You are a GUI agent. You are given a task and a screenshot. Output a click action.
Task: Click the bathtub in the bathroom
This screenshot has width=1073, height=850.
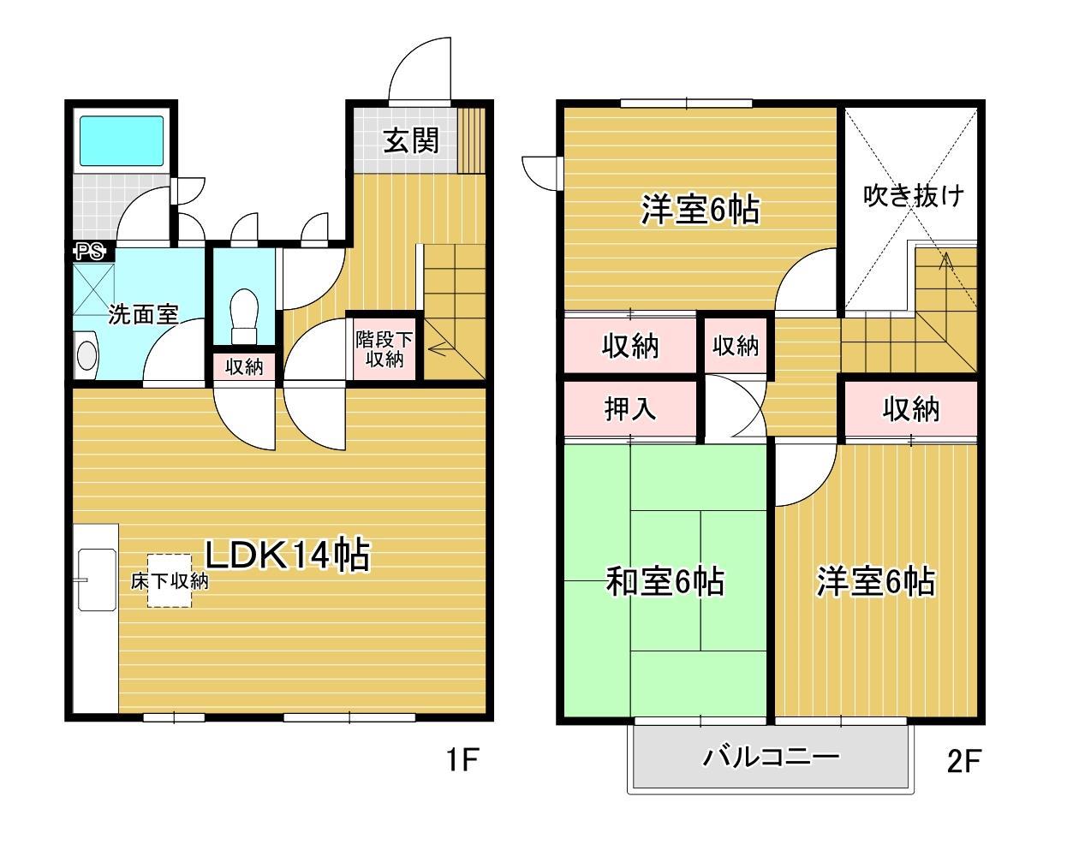(x=122, y=141)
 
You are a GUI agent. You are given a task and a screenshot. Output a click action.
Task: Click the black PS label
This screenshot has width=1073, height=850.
(x=89, y=252)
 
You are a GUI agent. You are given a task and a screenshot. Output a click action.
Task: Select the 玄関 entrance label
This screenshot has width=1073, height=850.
(x=411, y=140)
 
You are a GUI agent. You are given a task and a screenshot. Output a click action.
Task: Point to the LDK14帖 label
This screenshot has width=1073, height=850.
(x=286, y=556)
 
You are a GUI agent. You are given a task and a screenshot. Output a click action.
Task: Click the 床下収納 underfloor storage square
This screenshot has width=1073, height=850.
(x=169, y=580)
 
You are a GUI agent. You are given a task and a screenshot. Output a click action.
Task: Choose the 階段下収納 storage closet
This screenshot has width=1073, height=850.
(x=384, y=348)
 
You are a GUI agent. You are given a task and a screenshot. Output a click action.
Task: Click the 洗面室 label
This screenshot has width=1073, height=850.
(x=143, y=314)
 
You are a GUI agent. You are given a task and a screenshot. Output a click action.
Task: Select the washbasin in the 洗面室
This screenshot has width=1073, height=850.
(x=86, y=355)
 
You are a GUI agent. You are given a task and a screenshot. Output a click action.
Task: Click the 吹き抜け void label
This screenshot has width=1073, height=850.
(x=912, y=195)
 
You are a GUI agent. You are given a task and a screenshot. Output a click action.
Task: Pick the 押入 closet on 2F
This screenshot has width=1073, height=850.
(x=630, y=409)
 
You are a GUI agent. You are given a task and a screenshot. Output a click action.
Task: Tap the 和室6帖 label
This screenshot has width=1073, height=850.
(x=665, y=582)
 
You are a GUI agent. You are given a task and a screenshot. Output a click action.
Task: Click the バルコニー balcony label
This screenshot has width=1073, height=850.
(x=771, y=757)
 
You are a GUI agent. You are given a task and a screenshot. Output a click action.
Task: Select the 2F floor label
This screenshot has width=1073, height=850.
(x=963, y=760)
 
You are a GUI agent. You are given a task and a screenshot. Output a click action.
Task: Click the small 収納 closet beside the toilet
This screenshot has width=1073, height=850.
(x=244, y=366)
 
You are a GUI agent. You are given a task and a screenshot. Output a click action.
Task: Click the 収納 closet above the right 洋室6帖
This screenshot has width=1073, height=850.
(x=911, y=409)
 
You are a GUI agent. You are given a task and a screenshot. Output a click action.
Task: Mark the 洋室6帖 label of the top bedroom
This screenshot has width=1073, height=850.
(x=700, y=209)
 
